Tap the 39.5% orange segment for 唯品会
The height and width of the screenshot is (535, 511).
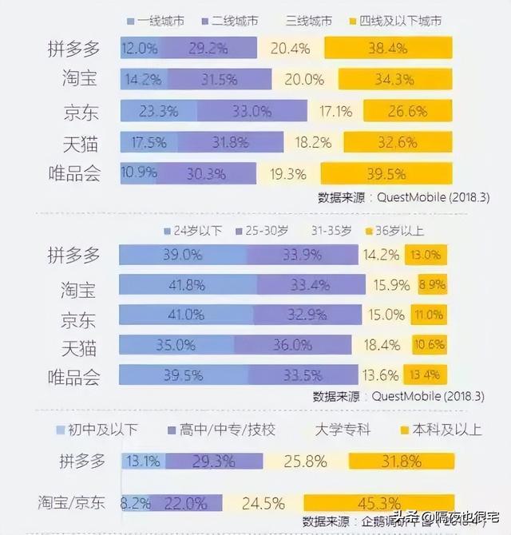(386, 174)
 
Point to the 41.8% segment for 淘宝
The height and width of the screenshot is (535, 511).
(184, 285)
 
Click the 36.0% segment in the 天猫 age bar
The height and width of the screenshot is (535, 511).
(292, 346)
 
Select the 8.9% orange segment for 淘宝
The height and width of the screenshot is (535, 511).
(430, 285)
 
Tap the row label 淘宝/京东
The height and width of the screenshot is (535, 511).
(72, 503)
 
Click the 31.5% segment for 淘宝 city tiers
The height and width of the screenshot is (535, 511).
(222, 80)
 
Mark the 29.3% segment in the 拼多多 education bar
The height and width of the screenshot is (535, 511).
(213, 461)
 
